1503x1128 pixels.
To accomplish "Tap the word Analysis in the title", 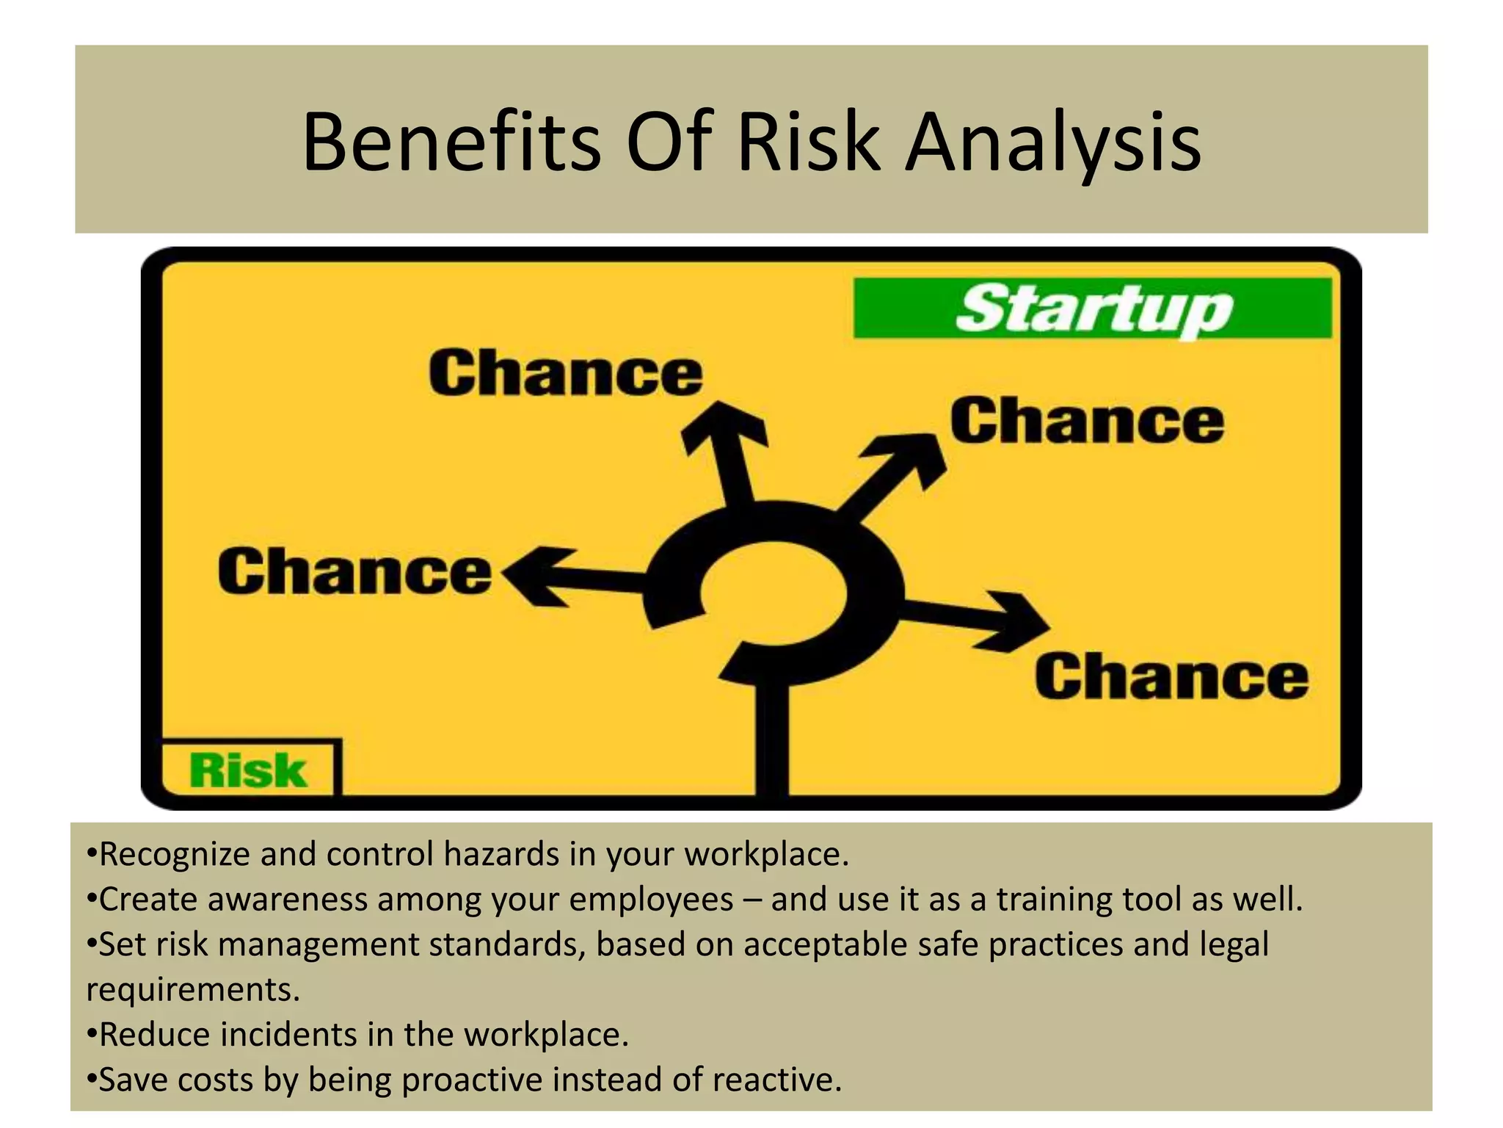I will click(x=1052, y=144).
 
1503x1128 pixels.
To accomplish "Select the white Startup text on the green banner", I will click(x=1093, y=309).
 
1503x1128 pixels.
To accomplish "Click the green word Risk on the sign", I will click(x=248, y=770).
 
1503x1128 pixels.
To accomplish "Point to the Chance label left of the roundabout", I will click(x=354, y=572).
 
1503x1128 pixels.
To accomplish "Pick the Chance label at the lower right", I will click(x=1171, y=676).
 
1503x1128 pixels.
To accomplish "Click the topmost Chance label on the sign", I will click(x=566, y=373).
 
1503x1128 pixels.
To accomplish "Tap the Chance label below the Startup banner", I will click(x=1088, y=421).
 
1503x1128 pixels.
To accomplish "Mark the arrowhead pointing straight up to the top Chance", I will click(x=723, y=430).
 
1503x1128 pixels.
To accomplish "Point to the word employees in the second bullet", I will click(x=651, y=900).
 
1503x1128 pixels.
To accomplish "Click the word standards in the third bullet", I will click(x=506, y=945).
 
